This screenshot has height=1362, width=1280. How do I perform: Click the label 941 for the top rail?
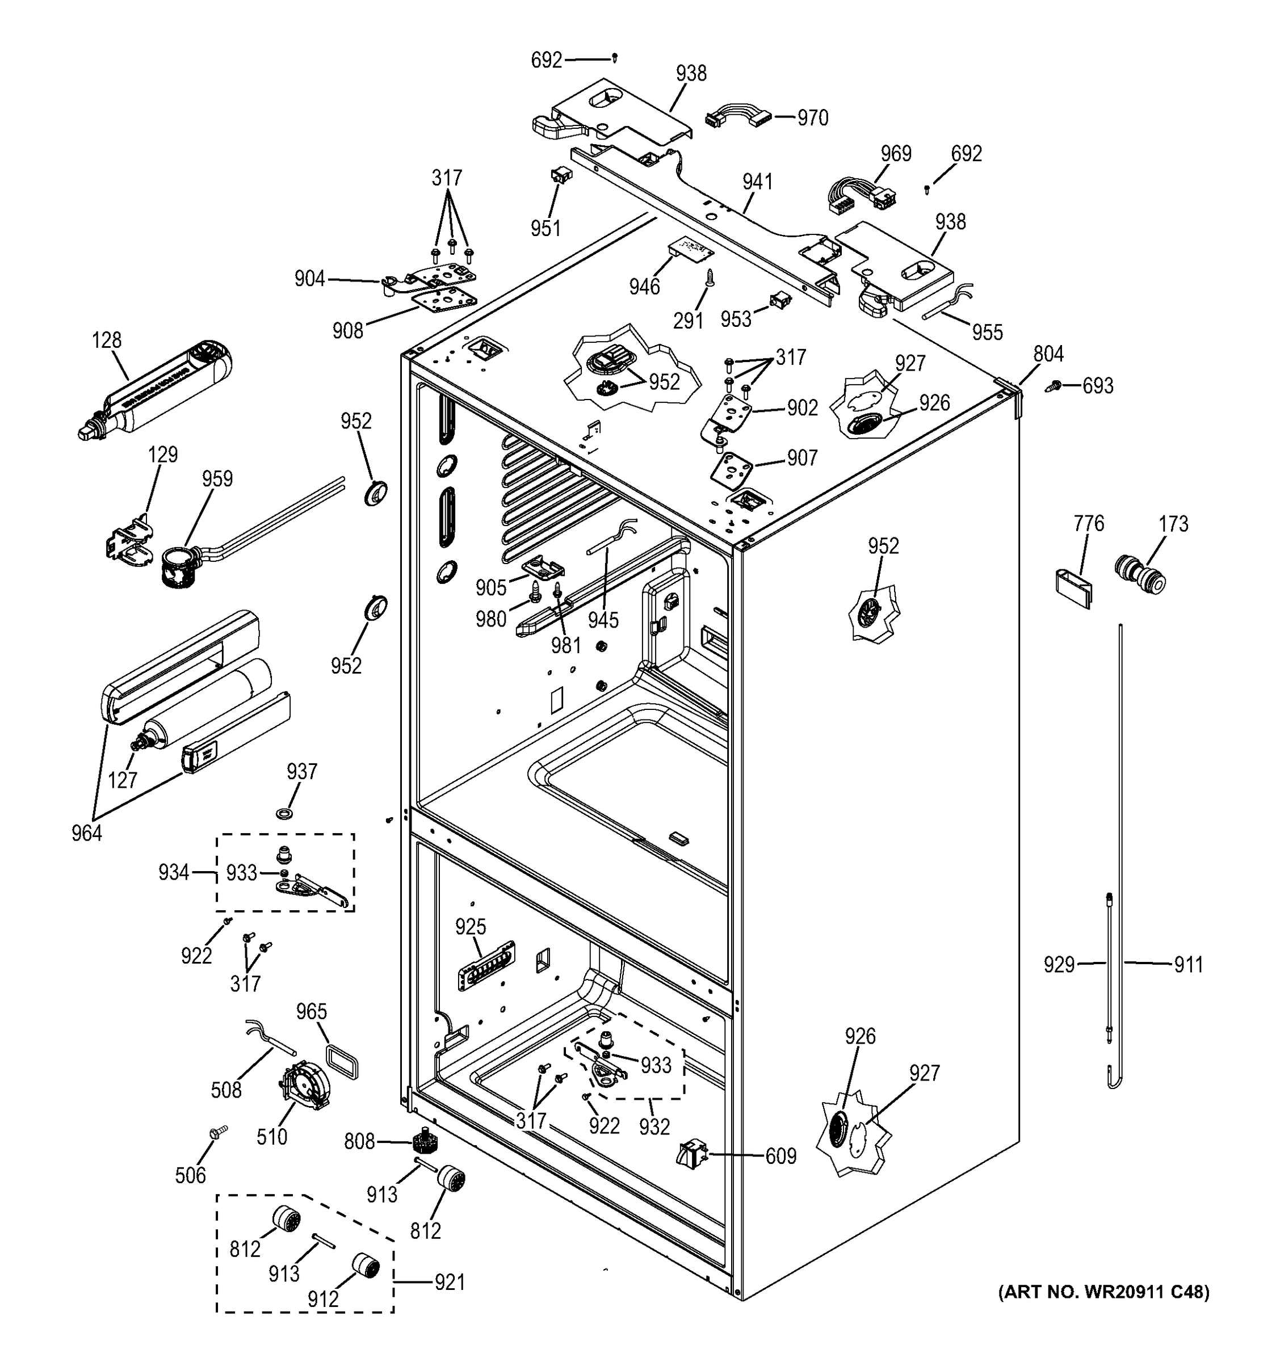(757, 182)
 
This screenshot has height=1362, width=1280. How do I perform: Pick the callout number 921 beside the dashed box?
(450, 1282)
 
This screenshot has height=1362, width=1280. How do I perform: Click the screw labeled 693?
(1055, 386)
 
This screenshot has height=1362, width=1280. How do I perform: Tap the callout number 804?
(1048, 354)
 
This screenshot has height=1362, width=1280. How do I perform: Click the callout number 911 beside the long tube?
(1188, 965)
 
